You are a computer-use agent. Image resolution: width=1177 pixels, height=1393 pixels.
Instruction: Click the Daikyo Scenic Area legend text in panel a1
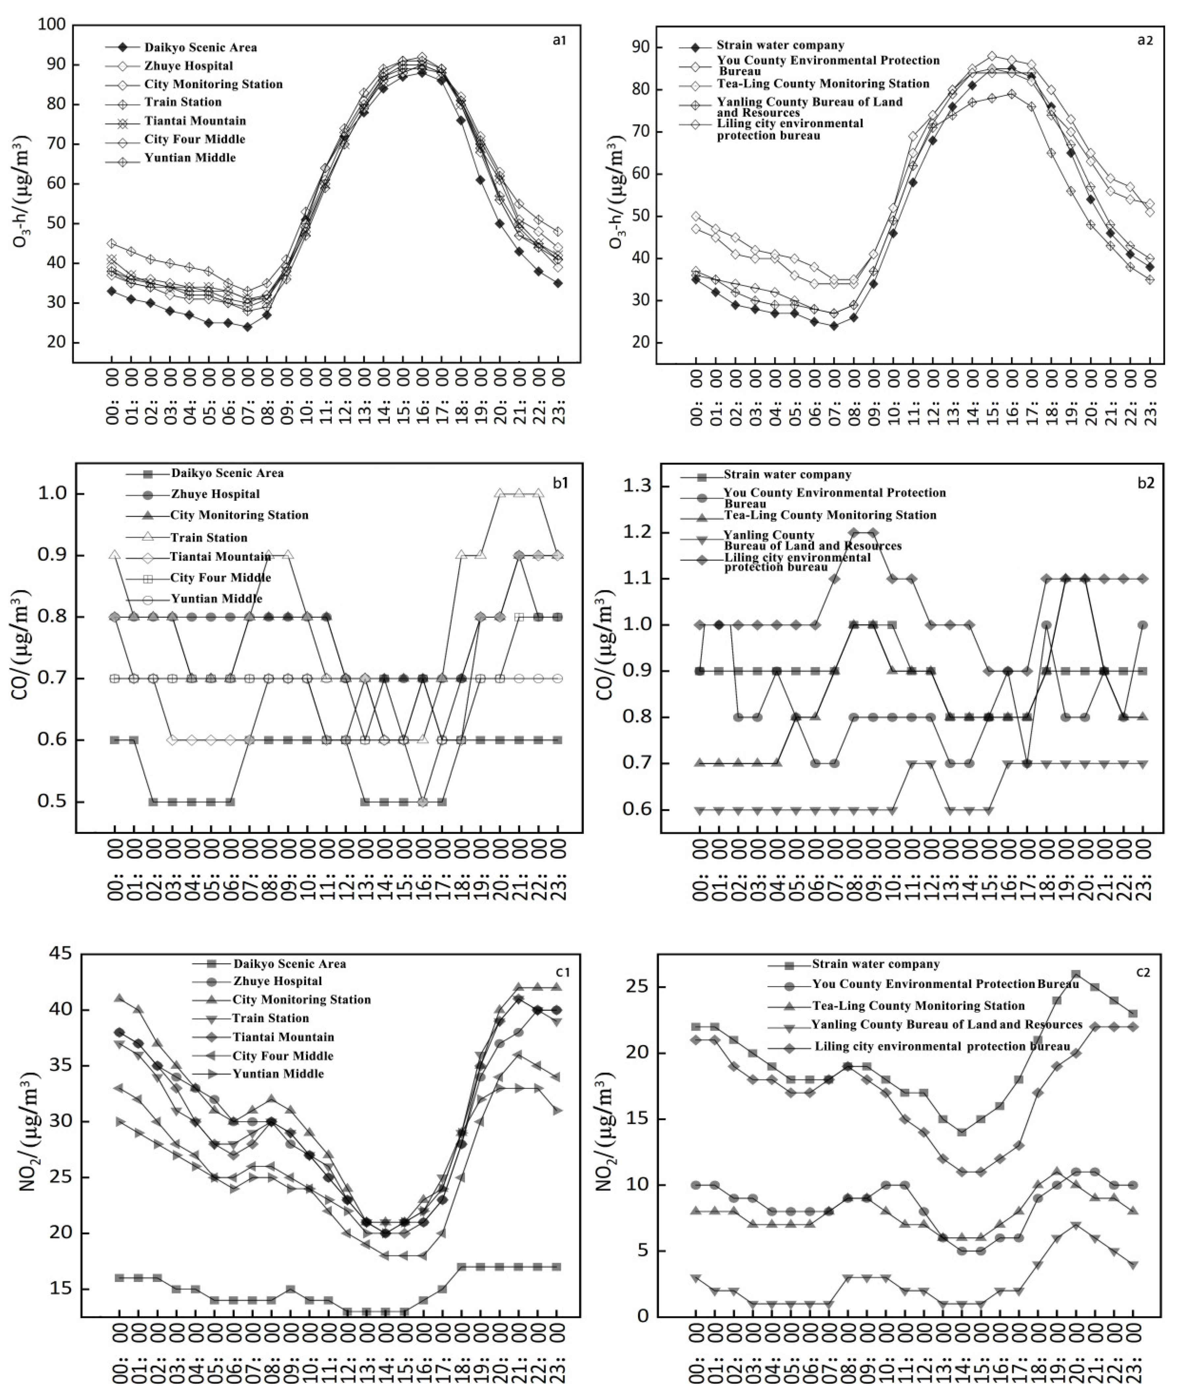point(200,47)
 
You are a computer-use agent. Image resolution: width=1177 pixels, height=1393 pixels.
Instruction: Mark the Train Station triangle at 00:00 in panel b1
point(115,555)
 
